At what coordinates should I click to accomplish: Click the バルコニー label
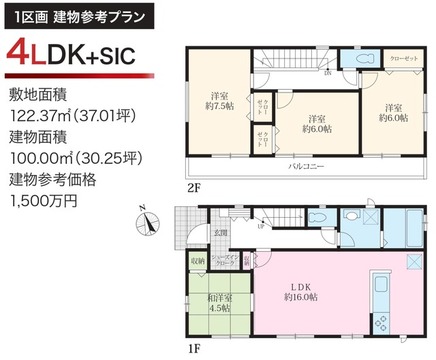(x=304, y=165)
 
